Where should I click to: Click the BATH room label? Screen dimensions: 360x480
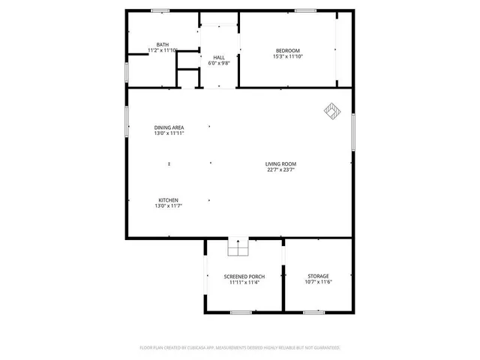click(162, 45)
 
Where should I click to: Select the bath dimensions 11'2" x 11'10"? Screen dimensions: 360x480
click(162, 50)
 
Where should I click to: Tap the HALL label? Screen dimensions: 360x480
click(219, 58)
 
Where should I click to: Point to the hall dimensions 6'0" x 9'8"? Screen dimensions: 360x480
click(219, 63)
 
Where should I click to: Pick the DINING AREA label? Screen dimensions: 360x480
click(169, 127)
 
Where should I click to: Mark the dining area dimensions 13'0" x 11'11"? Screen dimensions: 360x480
click(169, 133)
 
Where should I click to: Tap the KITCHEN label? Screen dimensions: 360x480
click(168, 199)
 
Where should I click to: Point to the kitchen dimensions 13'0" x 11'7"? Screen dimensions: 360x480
click(168, 205)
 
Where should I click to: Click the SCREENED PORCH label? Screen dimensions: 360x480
click(242, 277)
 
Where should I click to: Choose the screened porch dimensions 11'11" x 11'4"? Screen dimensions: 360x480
click(242, 282)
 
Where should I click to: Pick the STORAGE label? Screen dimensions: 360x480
click(318, 276)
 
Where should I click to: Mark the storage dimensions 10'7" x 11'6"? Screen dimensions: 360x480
click(318, 281)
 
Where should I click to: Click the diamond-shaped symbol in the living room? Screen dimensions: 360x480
click(331, 111)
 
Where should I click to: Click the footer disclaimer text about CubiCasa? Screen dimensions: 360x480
click(240, 348)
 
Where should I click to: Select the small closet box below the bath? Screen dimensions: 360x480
click(187, 79)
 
